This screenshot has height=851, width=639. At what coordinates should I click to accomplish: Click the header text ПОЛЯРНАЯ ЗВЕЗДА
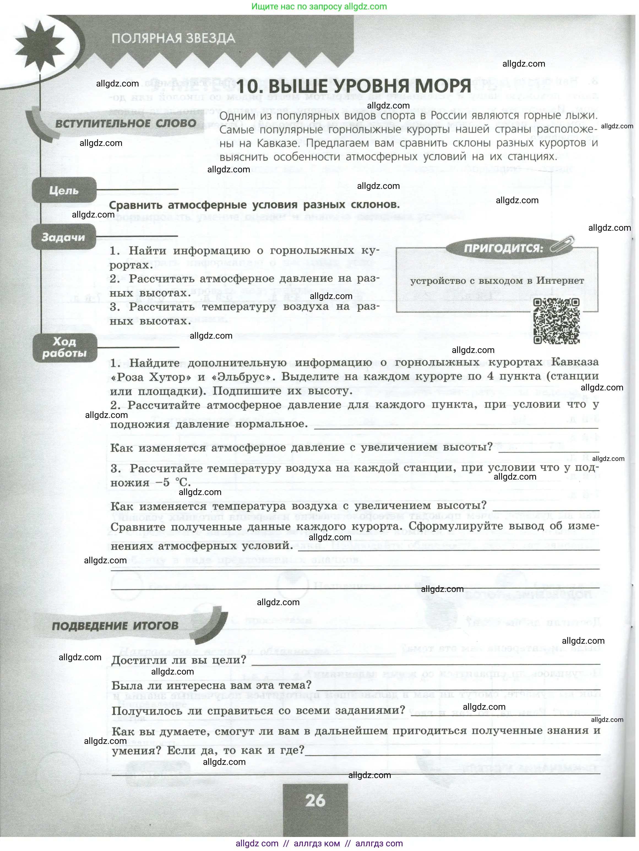173,39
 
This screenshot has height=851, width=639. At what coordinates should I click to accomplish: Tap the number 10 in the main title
249,86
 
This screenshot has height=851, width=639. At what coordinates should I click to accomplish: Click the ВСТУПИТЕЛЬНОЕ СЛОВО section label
126,124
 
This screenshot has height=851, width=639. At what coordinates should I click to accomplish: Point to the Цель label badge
64,190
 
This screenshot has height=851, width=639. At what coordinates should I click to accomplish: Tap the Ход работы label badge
64,347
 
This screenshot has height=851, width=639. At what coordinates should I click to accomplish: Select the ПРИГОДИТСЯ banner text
503,248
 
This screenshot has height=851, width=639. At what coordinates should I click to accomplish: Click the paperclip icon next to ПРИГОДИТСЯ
562,245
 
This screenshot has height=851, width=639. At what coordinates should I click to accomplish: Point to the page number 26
315,801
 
